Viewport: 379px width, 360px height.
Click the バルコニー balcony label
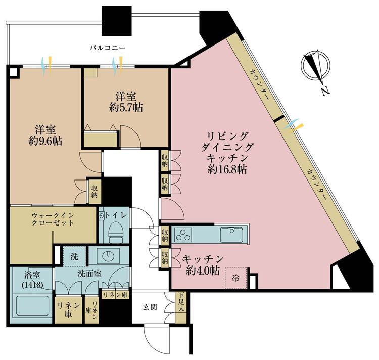(108, 48)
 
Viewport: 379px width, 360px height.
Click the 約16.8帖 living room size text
(227, 170)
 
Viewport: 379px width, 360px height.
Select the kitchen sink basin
(232, 235)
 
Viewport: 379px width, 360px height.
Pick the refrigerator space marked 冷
(236, 278)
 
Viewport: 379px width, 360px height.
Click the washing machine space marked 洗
(74, 256)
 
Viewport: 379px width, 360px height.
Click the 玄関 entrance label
(150, 307)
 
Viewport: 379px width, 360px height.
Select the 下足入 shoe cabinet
(180, 307)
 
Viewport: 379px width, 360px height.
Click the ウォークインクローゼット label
(53, 219)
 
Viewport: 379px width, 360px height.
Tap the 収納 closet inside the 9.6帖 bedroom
(94, 192)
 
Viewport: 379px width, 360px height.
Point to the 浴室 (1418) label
(32, 280)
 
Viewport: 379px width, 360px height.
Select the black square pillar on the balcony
(117, 21)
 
